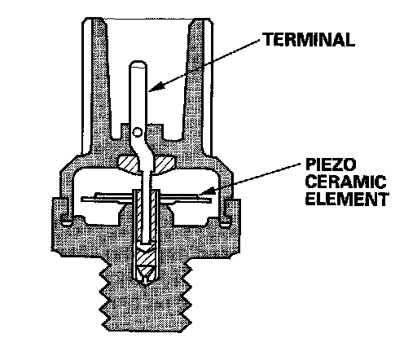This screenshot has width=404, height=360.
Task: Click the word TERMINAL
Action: click(x=310, y=39)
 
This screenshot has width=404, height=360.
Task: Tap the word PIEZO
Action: click(x=331, y=165)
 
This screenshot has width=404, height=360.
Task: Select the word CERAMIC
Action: click(x=345, y=182)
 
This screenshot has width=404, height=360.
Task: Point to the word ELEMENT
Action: click(x=347, y=199)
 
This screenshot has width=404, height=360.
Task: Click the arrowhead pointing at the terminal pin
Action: click(x=156, y=86)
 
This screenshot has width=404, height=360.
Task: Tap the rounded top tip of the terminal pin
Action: click(x=138, y=63)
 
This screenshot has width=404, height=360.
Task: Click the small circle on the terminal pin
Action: click(x=137, y=132)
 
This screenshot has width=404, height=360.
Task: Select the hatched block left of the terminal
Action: click(x=129, y=165)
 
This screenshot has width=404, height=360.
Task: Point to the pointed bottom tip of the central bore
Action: click(x=146, y=284)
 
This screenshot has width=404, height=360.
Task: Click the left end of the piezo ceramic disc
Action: click(x=82, y=200)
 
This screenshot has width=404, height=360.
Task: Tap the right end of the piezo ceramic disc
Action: click(x=210, y=200)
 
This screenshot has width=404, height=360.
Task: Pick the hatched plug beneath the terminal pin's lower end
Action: click(x=147, y=258)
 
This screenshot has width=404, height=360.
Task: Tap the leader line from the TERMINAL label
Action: click(x=204, y=64)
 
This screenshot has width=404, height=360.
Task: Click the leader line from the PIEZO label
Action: click(x=250, y=178)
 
